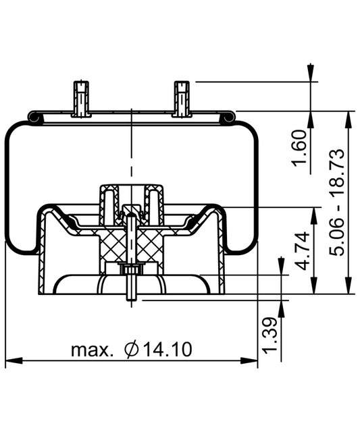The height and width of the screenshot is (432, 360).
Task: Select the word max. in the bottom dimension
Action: coord(93,350)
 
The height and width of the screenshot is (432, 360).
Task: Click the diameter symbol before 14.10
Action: coord(132,350)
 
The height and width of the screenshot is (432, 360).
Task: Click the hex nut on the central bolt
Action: coord(131,269)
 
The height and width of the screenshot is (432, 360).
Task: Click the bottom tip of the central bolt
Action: coord(131,298)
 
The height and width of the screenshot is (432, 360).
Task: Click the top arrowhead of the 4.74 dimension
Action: coord(312,211)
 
